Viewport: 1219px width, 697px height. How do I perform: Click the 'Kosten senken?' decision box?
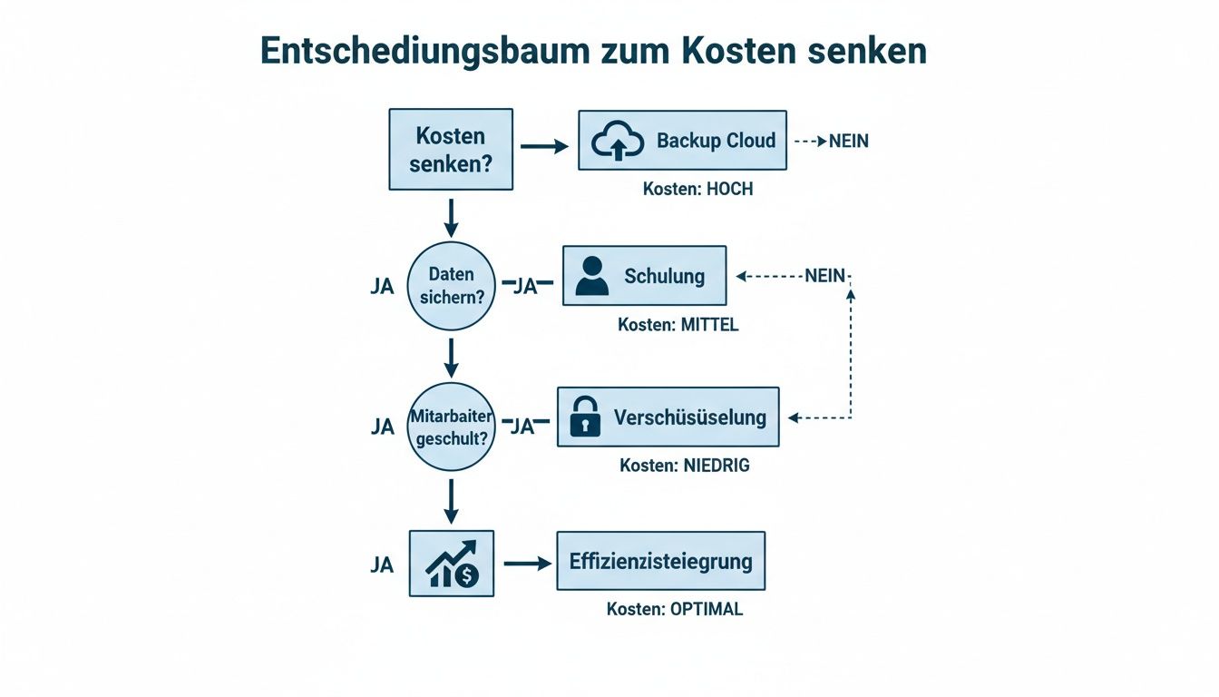451,150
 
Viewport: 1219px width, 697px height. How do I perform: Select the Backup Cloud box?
682,141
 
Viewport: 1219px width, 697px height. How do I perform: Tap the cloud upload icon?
617,142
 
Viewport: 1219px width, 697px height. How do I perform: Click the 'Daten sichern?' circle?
452,285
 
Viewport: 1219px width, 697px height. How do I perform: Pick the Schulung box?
644,276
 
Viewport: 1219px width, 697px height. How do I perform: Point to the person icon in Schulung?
592,276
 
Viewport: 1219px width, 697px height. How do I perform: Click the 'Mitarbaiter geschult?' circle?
452,426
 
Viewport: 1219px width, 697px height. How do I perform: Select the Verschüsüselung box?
668,417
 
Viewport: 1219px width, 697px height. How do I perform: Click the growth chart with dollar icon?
452,564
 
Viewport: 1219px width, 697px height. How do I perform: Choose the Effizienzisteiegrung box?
660,561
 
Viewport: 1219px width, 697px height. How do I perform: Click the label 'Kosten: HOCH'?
697,190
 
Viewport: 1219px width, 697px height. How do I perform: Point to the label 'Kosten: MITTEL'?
678,325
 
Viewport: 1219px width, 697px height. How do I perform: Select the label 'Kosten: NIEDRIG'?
685,466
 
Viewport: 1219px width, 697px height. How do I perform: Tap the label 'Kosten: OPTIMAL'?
675,609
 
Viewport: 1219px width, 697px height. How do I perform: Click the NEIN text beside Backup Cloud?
848,142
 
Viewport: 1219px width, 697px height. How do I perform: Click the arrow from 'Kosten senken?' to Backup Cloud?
544,146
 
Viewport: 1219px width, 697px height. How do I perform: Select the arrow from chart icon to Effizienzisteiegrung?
526,564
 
